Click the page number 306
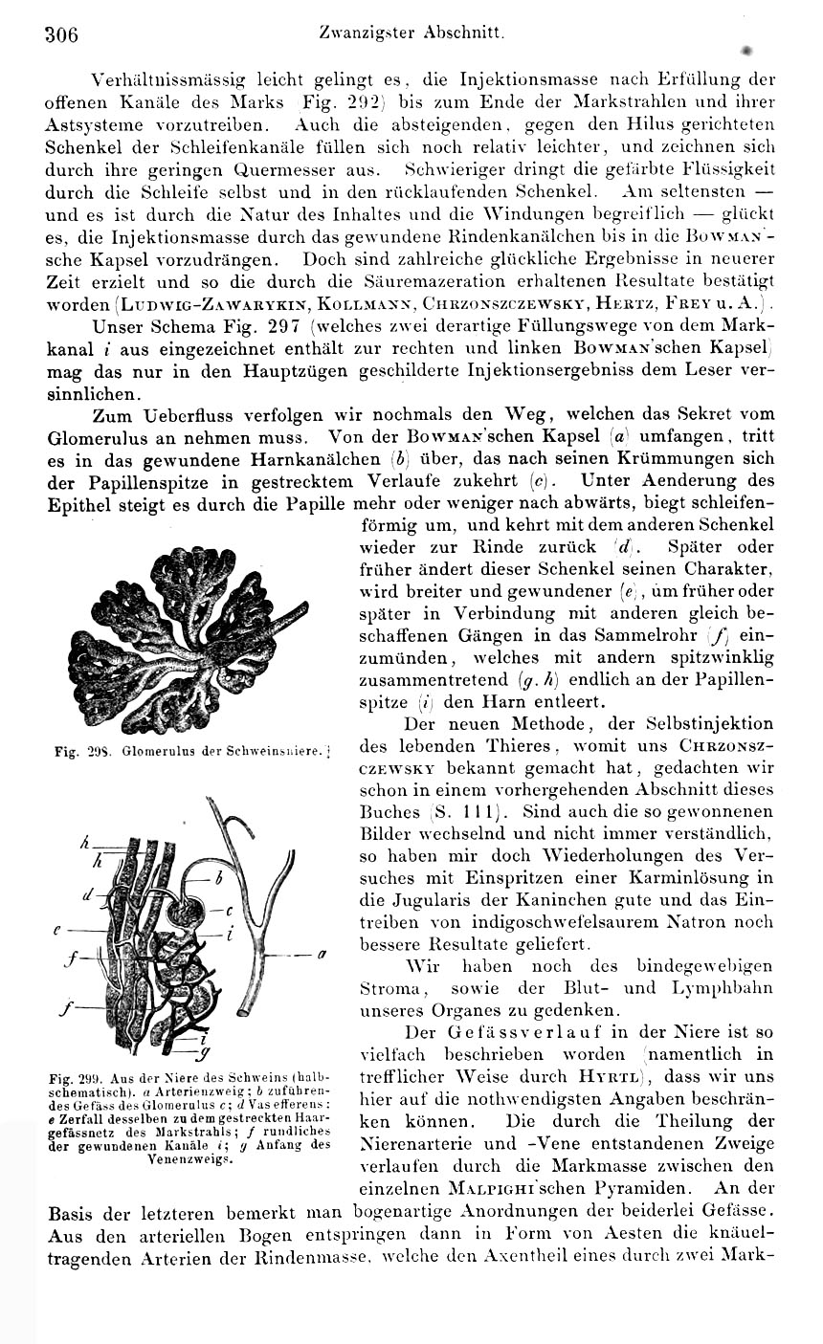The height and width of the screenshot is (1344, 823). click(x=60, y=33)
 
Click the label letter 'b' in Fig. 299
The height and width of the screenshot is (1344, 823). click(x=221, y=878)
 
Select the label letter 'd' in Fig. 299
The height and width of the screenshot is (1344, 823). click(x=88, y=895)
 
